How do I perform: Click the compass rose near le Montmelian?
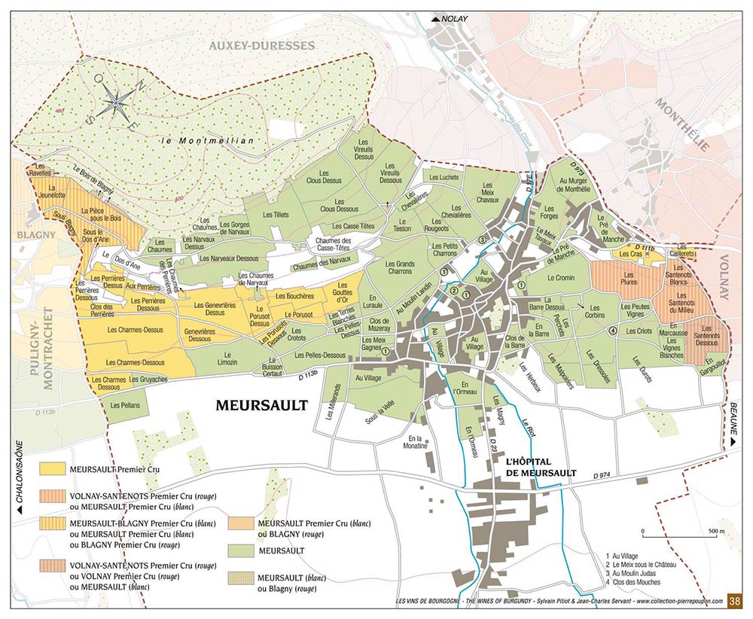tap(115, 99)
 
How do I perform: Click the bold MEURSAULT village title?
tap(262, 405)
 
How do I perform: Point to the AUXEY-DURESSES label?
tap(261, 46)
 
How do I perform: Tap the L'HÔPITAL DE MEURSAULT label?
tap(541, 467)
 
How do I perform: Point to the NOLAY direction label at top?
tap(456, 18)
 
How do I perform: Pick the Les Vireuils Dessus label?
tap(364, 150)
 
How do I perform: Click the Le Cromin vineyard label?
tap(560, 278)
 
